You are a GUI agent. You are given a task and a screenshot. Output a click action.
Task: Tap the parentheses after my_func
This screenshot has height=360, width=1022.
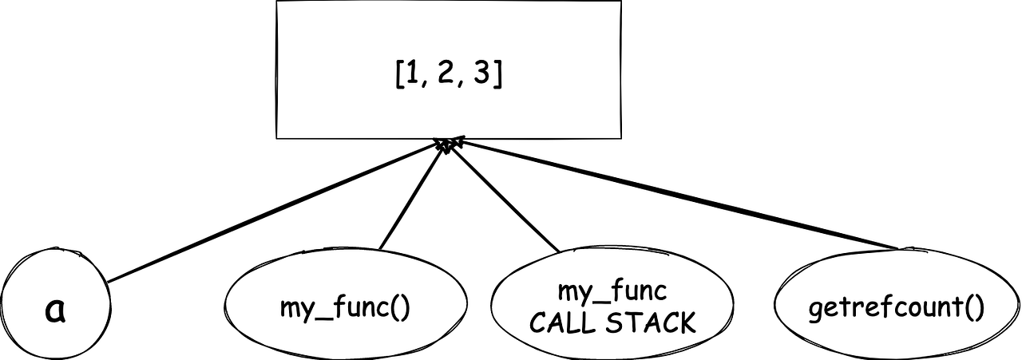pos(399,308)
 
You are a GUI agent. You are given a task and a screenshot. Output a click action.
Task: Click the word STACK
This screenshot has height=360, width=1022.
pos(650,323)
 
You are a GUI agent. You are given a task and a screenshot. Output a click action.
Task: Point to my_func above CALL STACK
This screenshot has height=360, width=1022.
pos(612,292)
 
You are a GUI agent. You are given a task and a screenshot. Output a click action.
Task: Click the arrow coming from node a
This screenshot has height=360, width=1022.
pos(271,212)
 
